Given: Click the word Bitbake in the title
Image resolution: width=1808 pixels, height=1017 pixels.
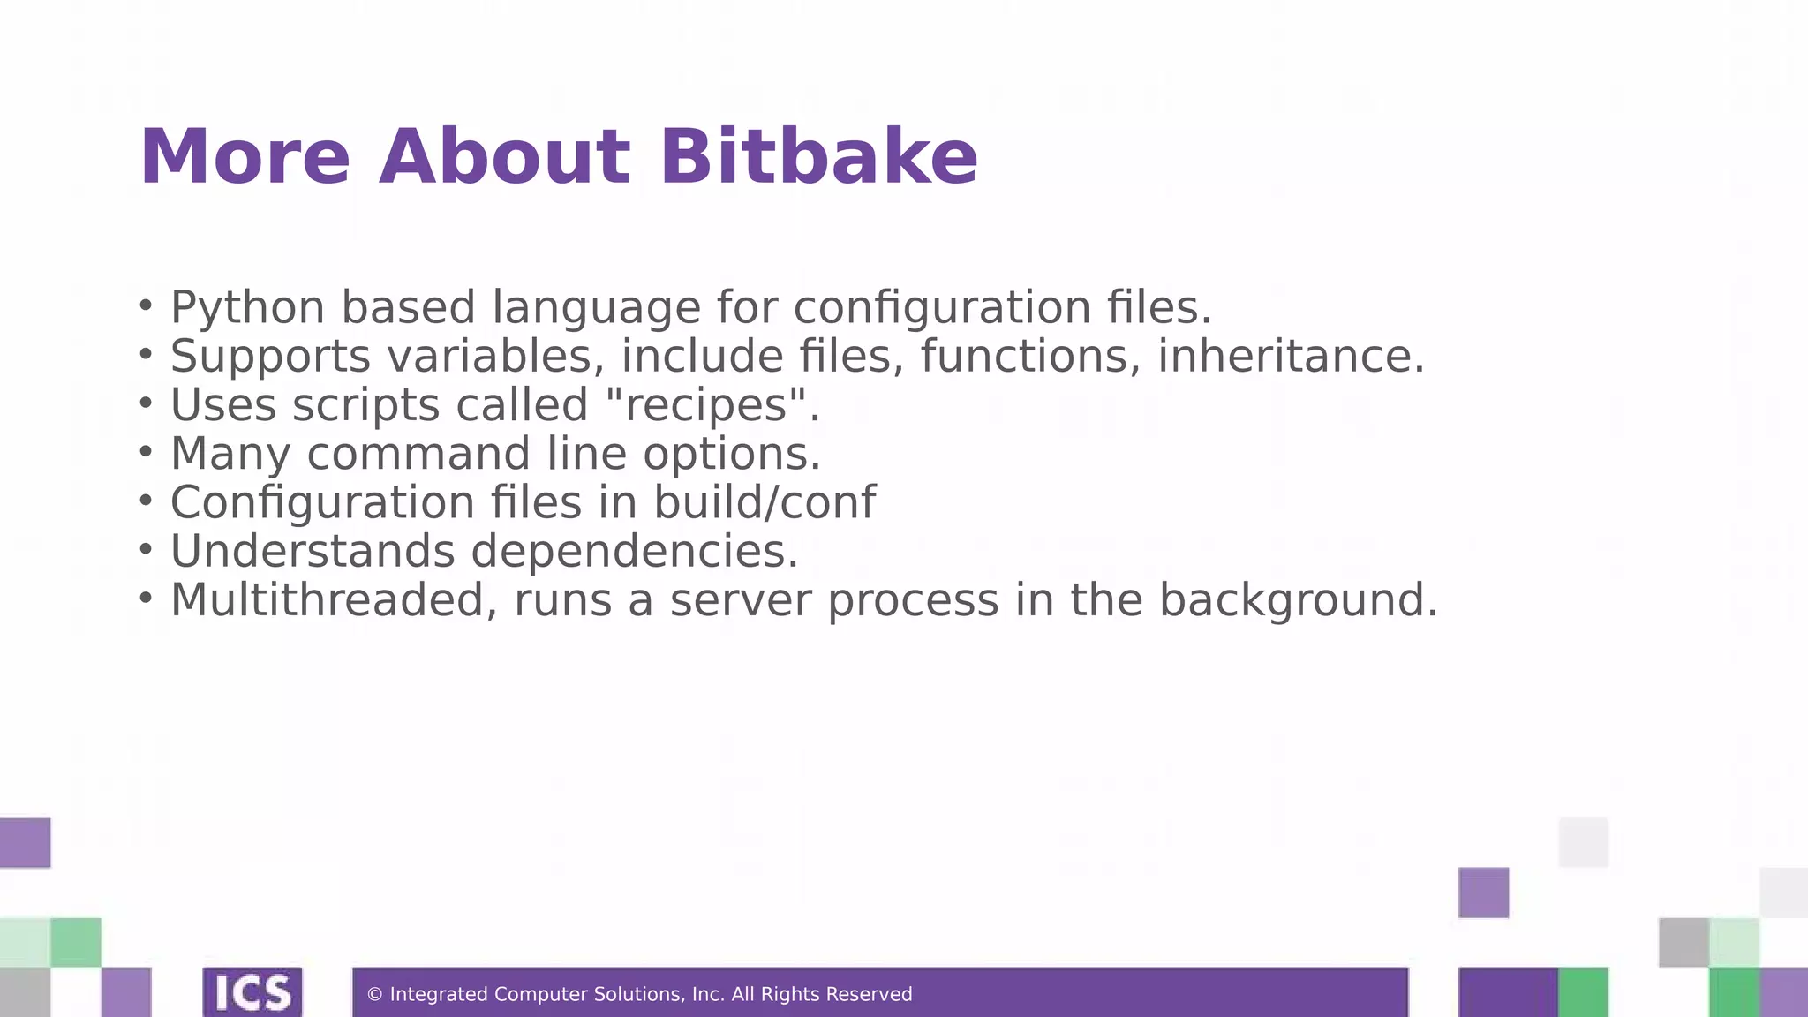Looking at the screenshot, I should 818,157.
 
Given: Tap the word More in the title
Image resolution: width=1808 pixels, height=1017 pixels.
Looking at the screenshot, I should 245,157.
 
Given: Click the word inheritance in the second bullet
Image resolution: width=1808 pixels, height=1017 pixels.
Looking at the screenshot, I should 1291,357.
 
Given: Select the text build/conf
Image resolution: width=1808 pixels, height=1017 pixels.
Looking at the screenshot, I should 764,502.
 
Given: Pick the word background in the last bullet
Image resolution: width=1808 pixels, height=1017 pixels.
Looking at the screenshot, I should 1298,599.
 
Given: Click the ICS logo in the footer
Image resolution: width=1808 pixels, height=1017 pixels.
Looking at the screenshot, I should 252,992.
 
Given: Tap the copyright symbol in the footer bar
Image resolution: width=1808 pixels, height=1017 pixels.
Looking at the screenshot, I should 374,995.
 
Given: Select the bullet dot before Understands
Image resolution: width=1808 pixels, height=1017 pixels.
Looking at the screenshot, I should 146,549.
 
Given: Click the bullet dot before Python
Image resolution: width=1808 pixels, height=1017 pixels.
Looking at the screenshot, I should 146,305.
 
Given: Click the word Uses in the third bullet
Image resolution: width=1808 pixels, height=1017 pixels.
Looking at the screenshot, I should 223,405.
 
